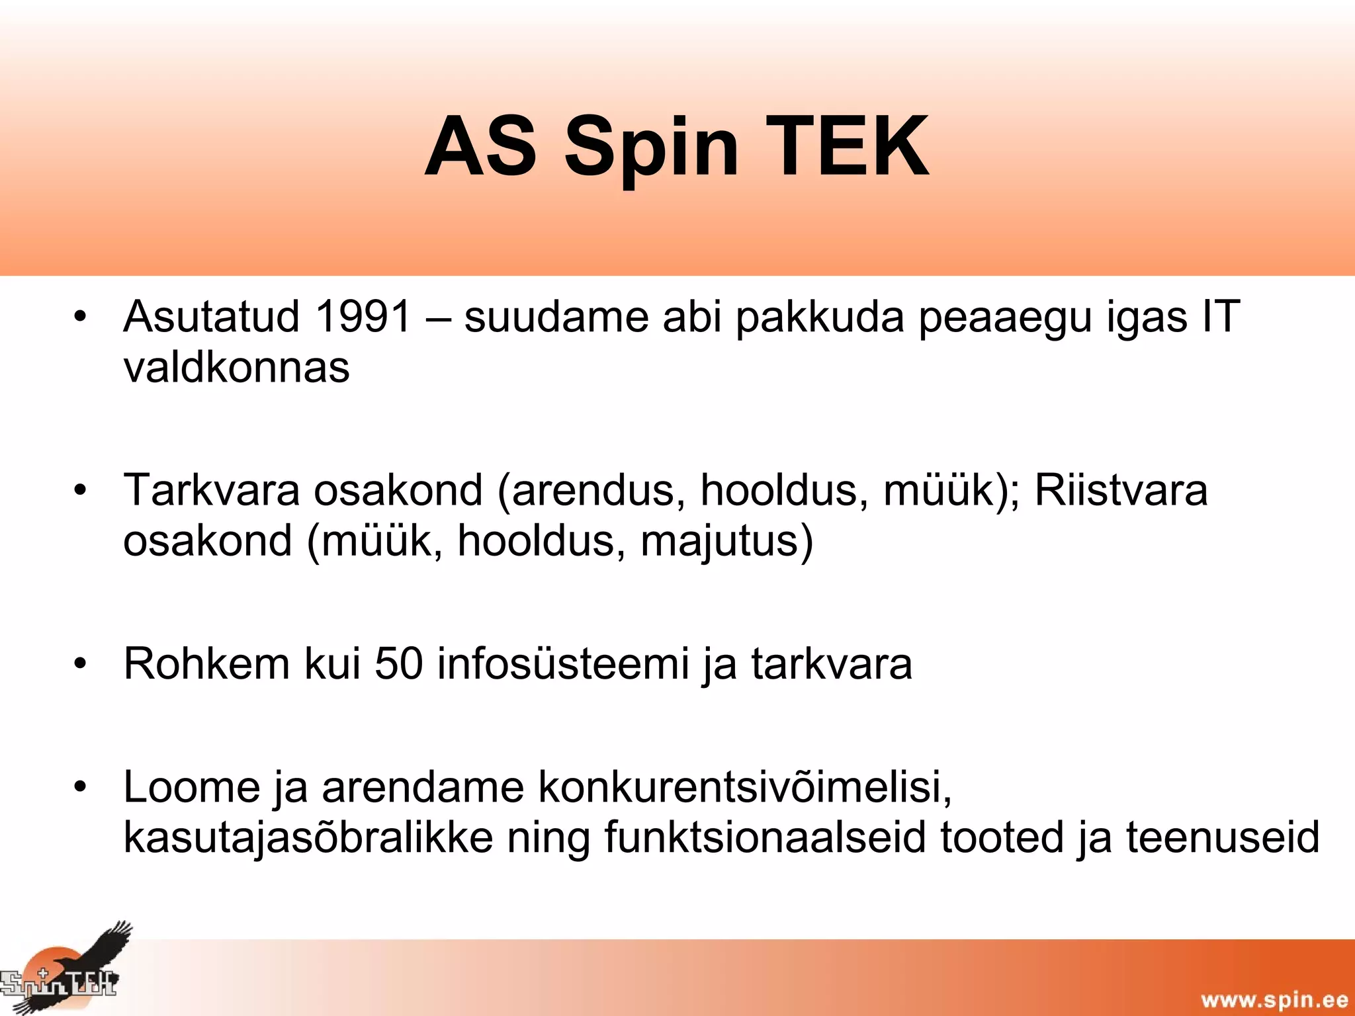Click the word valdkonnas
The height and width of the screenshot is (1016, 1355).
coord(236,367)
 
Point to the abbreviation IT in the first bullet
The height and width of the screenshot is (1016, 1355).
coord(1221,316)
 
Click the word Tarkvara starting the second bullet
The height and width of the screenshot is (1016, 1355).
coord(212,490)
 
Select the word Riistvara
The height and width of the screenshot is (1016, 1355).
coord(1121,490)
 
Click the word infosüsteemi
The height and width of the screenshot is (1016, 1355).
coord(563,663)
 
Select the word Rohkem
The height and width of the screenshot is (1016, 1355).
coord(206,663)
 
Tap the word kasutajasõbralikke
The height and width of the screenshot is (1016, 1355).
coord(308,838)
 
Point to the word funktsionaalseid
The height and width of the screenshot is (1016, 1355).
coord(765,838)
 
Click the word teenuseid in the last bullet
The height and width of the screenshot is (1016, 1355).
coord(1223,838)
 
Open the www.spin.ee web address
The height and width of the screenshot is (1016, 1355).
coord(1274,999)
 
